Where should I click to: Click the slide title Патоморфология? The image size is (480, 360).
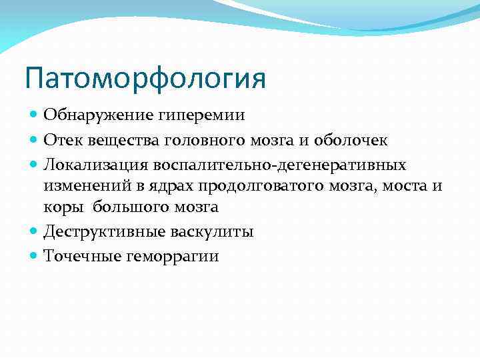(x=145, y=78)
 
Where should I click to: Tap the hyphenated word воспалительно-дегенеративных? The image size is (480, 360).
(x=280, y=164)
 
